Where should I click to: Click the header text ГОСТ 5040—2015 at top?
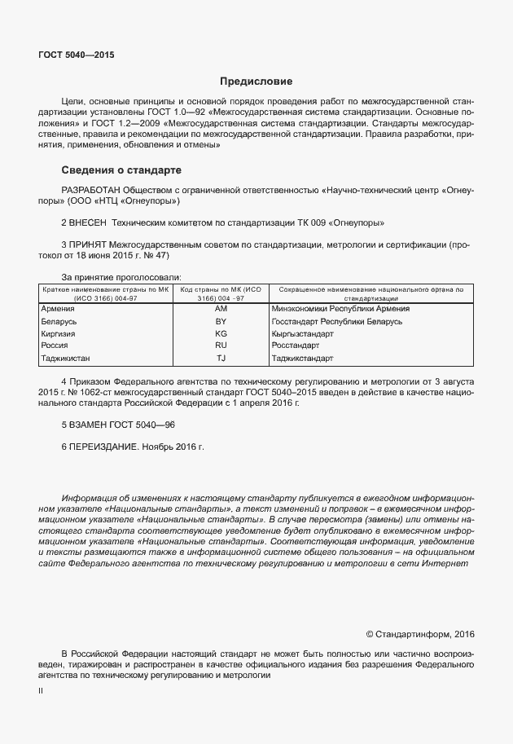click(76, 55)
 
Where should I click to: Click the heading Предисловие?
click(256, 81)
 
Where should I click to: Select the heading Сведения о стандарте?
click(121, 170)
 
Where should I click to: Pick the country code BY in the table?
click(221, 322)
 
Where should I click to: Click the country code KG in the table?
click(221, 334)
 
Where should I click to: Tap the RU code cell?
click(221, 346)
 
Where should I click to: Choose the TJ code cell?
click(221, 358)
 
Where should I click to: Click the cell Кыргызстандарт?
click(303, 334)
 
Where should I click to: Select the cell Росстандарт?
click(296, 346)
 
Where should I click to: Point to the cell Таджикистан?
click(65, 358)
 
